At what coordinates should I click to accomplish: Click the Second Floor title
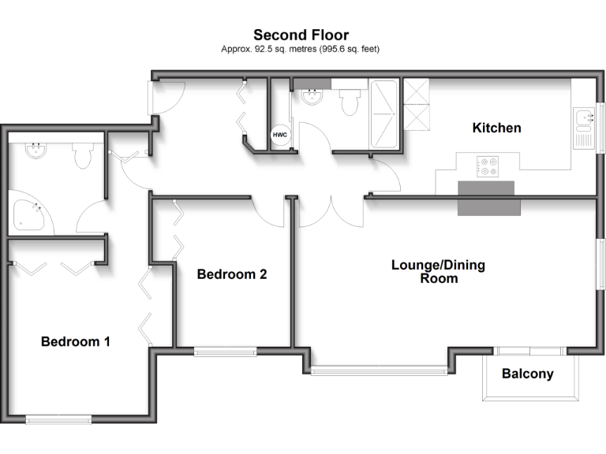[x=301, y=35]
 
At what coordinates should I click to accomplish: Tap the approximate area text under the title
[x=301, y=49]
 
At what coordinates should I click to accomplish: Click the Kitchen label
[x=496, y=128]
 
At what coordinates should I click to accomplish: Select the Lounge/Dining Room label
[x=438, y=271]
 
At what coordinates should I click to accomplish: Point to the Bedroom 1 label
[x=75, y=342]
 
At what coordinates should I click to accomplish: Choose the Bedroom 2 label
[x=231, y=274]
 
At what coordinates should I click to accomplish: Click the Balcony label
[x=528, y=374]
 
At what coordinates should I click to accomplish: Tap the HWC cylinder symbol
[x=280, y=136]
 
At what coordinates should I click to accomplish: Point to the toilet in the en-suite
[x=83, y=155]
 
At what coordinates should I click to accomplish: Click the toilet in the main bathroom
[x=350, y=101]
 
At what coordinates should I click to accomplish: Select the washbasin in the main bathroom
[x=312, y=97]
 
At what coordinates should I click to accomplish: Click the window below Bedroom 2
[x=225, y=352]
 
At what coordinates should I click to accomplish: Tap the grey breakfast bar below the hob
[x=489, y=198]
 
